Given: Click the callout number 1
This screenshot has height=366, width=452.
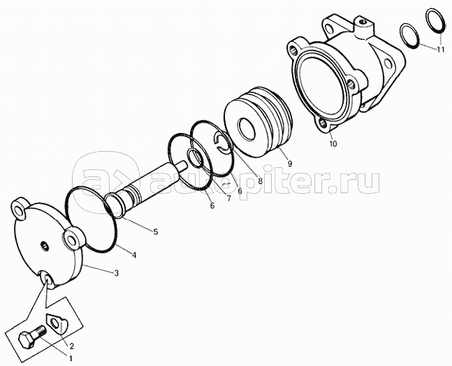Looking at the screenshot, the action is (70, 358).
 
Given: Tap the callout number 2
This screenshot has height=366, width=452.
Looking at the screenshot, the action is (71, 346).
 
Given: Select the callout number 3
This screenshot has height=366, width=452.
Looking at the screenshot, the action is (116, 273).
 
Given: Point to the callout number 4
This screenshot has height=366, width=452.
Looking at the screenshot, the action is (134, 255).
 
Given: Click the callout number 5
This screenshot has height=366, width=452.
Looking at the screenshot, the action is (156, 232).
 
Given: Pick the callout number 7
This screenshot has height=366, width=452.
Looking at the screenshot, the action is (229, 199).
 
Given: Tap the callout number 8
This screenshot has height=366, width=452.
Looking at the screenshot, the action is (260, 181).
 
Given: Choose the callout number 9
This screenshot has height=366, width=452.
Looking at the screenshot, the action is (290, 164).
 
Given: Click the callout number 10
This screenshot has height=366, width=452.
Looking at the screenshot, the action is (333, 143).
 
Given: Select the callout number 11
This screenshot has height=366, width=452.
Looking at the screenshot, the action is (440, 50).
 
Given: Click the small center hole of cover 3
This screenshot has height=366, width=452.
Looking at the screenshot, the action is (45, 246).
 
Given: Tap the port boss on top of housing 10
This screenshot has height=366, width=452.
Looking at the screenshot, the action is (363, 27).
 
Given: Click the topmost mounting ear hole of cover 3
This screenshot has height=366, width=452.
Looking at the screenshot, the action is (19, 212).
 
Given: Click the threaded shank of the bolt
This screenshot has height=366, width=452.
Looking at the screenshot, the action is (41, 331).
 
